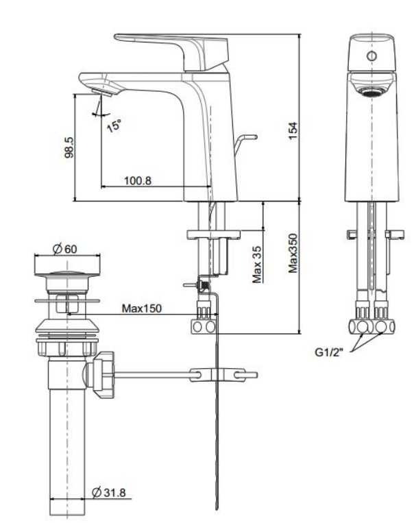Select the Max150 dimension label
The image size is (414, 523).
(x=142, y=308)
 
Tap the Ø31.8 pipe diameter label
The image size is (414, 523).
(x=112, y=492)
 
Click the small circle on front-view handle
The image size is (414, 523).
(x=371, y=56)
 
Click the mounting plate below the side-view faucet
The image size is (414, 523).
(x=213, y=234)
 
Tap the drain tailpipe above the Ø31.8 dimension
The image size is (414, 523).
(x=67, y=439)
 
